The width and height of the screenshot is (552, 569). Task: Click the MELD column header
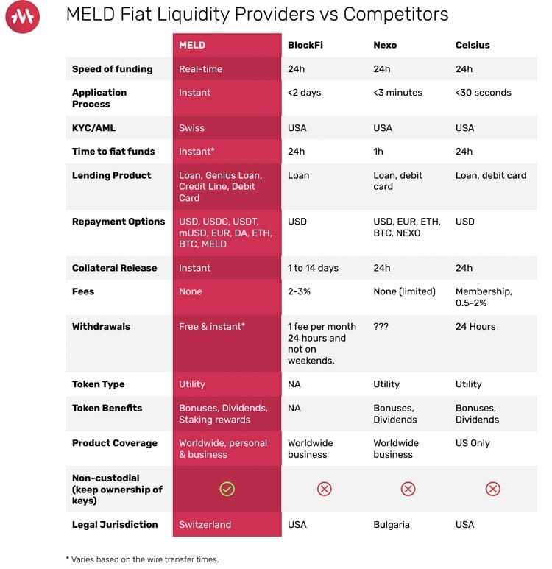click(x=192, y=45)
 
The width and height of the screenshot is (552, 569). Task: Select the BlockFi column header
click(x=305, y=45)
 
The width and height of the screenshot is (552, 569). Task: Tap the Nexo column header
click(x=385, y=45)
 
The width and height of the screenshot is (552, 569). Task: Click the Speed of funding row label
click(x=112, y=69)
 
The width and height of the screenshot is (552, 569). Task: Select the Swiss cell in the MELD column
click(x=191, y=128)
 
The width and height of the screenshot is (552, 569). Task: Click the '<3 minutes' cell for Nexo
click(x=397, y=93)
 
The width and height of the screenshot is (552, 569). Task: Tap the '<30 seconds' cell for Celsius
click(x=483, y=93)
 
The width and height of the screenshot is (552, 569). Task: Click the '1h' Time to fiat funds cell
click(x=378, y=152)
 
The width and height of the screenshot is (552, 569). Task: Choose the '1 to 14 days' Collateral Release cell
click(x=313, y=268)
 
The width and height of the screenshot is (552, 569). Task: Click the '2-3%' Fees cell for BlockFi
click(x=299, y=291)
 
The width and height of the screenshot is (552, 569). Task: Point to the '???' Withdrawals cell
click(x=381, y=327)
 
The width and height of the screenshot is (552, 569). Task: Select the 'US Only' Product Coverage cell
click(x=473, y=443)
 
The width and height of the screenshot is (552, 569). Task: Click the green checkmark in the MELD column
click(x=227, y=489)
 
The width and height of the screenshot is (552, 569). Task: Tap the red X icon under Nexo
click(x=408, y=489)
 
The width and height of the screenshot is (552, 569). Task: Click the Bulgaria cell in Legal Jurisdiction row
click(x=392, y=525)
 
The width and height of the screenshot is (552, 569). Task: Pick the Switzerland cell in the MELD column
click(x=205, y=525)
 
